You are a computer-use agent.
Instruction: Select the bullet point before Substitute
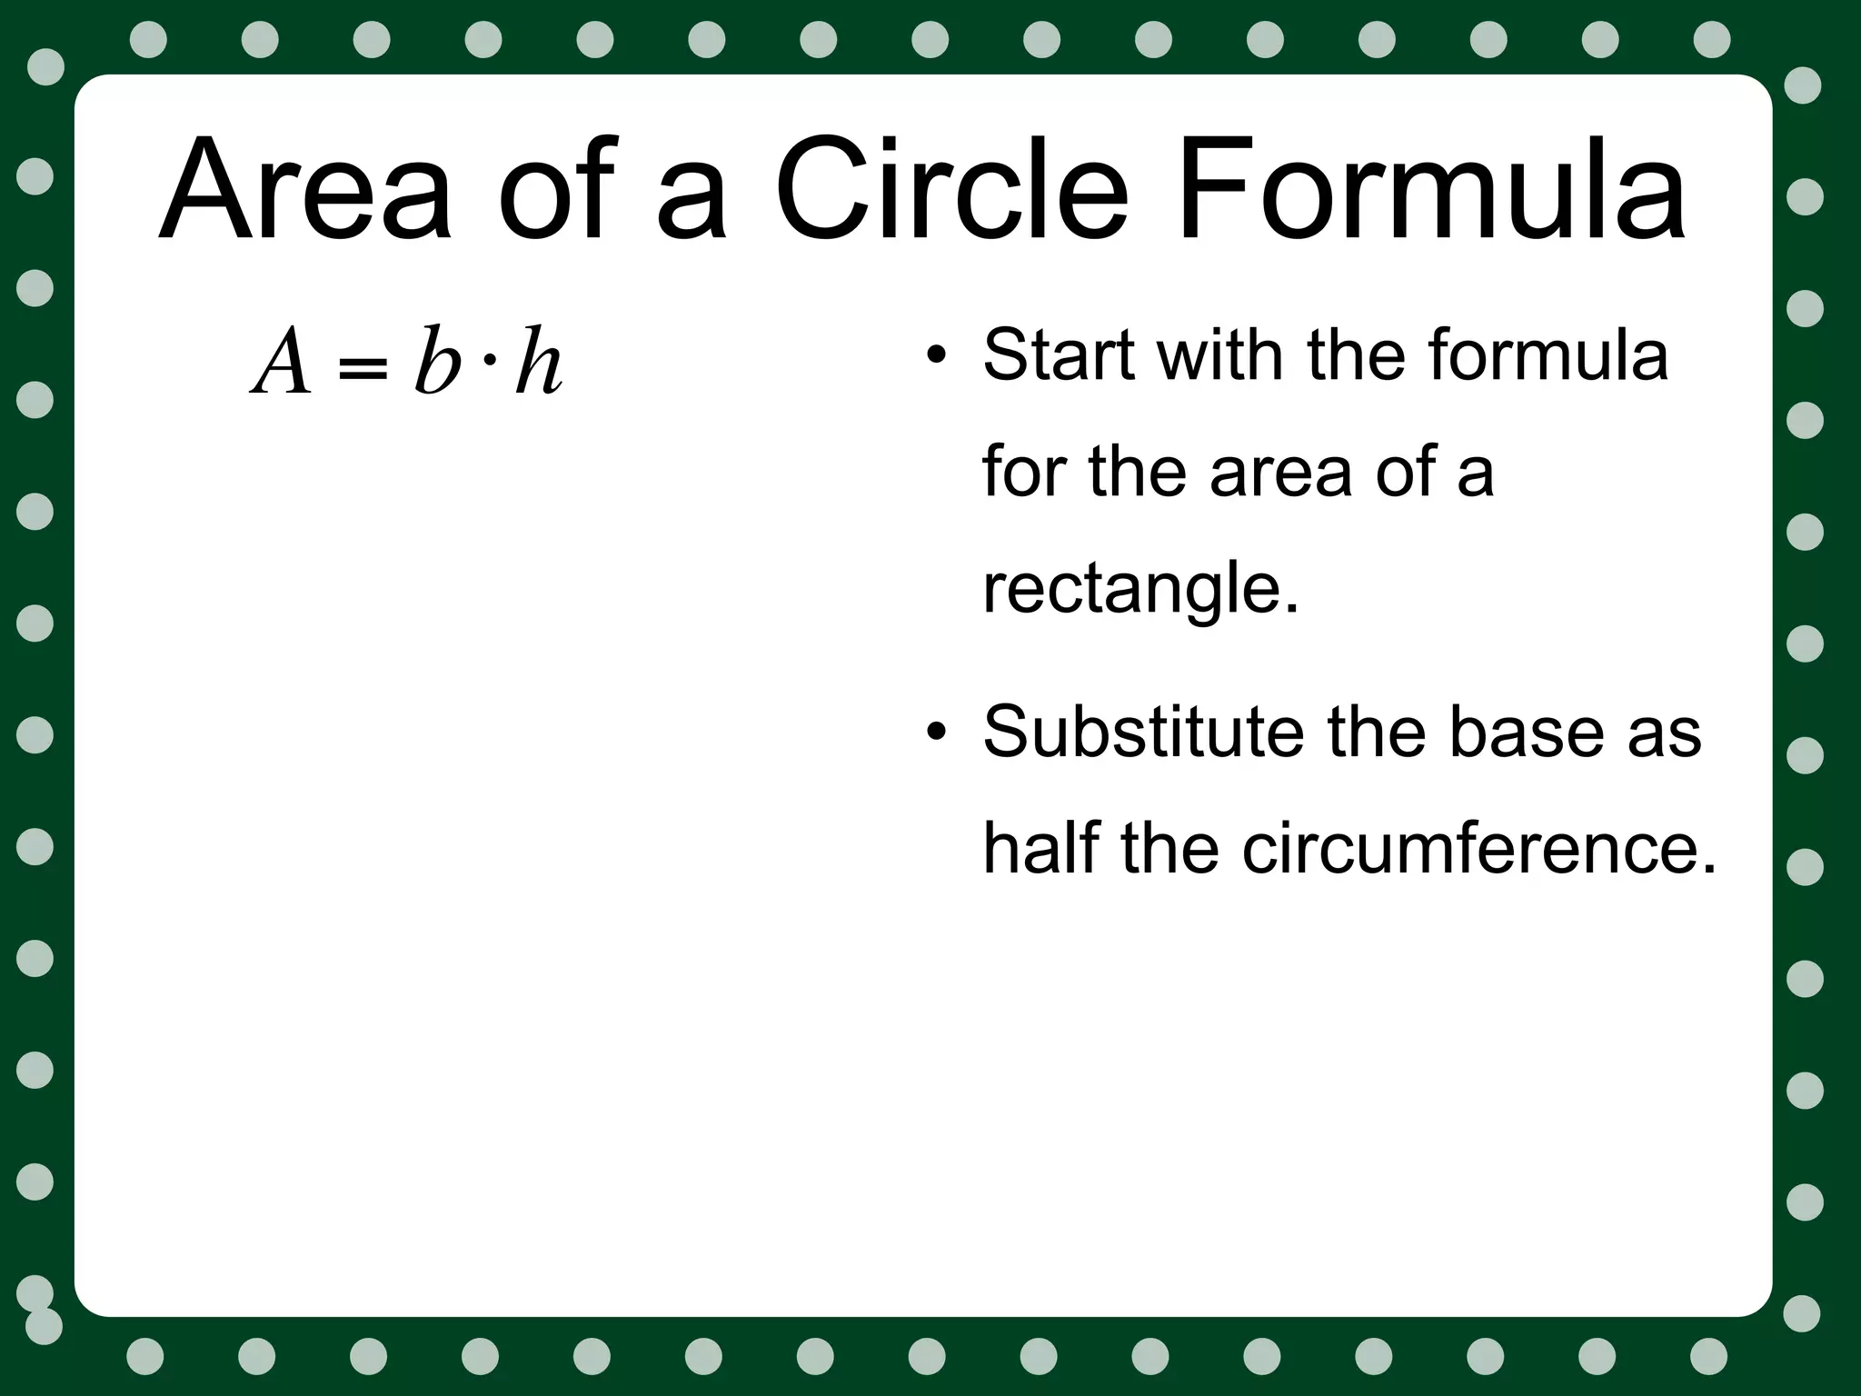point(936,733)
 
